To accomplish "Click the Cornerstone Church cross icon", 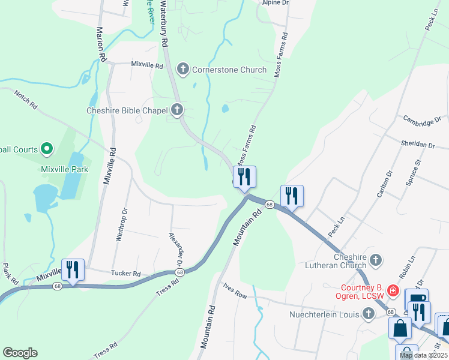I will click(183, 70).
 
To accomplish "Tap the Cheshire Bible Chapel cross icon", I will click(176, 110).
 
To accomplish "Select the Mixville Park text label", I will click(64, 169).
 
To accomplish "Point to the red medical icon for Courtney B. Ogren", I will click(393, 291).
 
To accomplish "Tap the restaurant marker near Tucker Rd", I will click(73, 271).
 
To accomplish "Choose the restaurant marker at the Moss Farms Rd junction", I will click(244, 177).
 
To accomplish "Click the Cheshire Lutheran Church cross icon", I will click(376, 260).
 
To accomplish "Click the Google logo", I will click(20, 353).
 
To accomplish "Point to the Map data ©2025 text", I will click(424, 355).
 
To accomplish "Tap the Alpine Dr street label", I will click(276, 3).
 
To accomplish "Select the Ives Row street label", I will click(234, 290).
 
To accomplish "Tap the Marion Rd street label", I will click(101, 44).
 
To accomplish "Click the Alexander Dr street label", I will click(175, 250).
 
